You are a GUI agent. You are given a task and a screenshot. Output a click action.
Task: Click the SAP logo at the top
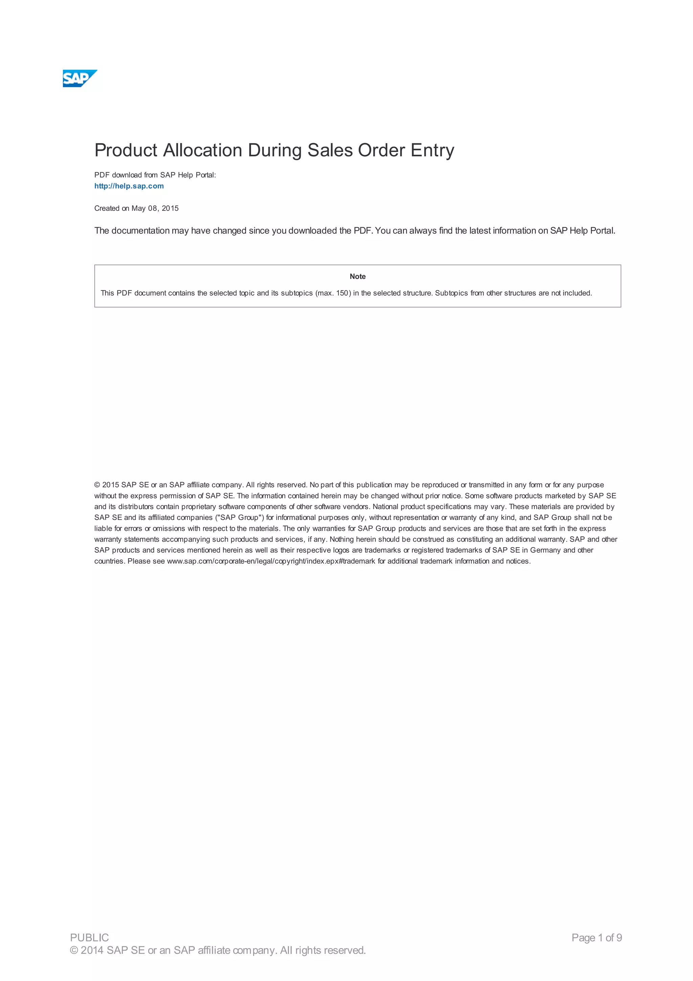80,79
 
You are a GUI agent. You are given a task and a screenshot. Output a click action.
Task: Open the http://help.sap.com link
129,186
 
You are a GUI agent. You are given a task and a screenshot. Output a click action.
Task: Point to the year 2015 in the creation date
170,209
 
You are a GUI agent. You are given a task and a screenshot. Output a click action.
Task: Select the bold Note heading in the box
357,277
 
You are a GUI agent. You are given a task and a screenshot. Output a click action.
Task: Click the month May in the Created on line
138,209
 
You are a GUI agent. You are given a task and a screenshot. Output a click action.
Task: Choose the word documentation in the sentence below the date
140,231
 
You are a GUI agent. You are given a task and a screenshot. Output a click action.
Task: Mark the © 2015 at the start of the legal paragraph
107,485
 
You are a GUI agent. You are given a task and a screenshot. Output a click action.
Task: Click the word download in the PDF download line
127,175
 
